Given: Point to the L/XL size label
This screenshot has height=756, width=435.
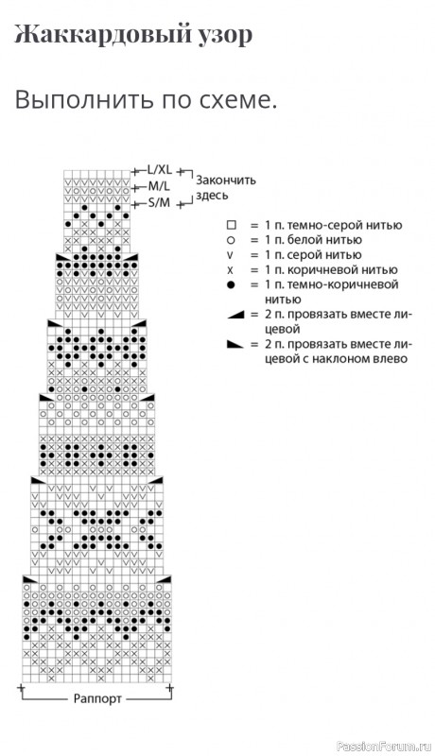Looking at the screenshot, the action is coord(159,170).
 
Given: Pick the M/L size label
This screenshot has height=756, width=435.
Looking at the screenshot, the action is coord(159,186).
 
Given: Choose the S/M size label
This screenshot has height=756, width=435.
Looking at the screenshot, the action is coord(159,202).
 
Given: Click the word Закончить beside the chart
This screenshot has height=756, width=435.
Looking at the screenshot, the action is coord(226,180).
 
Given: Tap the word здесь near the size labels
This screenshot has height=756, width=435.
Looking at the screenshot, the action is coord(212,197).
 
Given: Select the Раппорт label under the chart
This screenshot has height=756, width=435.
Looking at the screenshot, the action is coord(97,698).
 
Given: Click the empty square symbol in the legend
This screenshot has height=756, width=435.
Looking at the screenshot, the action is coord(231,225).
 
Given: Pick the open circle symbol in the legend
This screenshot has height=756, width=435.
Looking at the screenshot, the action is coord(231,240).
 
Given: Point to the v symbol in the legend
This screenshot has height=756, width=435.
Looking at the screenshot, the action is coord(231,255).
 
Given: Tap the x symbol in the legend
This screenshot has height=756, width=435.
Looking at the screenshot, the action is coord(231,270).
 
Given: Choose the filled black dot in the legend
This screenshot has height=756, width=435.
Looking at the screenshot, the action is coord(231,285).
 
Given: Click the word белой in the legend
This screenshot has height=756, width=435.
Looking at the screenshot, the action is coord(299,240).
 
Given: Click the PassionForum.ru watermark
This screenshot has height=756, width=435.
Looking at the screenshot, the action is coord(383,746).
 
